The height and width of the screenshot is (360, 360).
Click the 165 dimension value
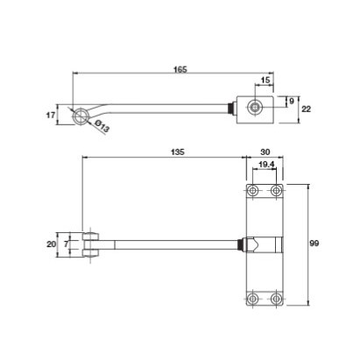coord(180,69)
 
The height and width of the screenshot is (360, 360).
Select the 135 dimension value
coord(178,152)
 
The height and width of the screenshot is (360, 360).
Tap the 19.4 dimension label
coord(267,165)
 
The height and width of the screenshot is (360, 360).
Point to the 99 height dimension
coord(314,243)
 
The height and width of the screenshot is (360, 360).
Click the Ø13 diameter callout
coord(102,126)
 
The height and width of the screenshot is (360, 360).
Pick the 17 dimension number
coord(51,115)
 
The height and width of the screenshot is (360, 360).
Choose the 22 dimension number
coord(306,109)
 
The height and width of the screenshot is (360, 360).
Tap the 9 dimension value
coord(292,102)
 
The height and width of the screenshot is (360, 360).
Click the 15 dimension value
coord(265,80)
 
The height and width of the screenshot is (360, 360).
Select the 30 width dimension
coord(265,152)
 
